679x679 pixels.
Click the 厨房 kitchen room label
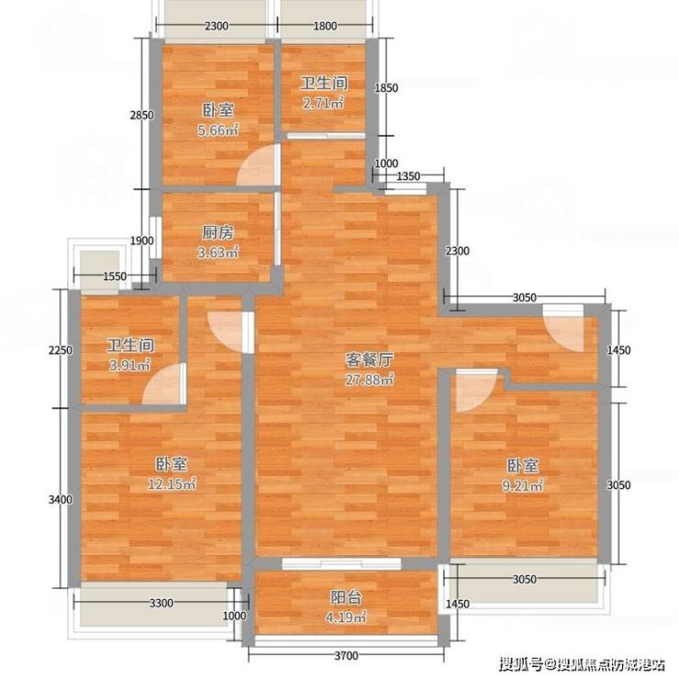click(x=217, y=233)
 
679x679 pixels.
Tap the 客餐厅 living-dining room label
click(x=369, y=360)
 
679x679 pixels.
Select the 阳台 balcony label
click(x=346, y=598)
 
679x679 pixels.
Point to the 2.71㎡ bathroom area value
click(x=324, y=104)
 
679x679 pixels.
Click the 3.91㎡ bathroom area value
click(x=130, y=365)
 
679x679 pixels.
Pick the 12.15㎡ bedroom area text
click(x=172, y=484)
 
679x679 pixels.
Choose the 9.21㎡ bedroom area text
click(x=523, y=486)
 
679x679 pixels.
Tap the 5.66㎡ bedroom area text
click(x=218, y=129)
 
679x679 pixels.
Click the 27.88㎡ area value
click(x=370, y=380)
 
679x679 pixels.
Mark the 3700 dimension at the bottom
click(x=347, y=656)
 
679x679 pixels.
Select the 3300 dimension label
click(x=161, y=603)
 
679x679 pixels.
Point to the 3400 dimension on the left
click(x=61, y=499)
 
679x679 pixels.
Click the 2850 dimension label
click(x=141, y=115)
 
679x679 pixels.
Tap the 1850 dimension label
click(x=386, y=88)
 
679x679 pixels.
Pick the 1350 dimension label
click(x=408, y=176)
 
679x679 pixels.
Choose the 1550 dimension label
click(x=115, y=276)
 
